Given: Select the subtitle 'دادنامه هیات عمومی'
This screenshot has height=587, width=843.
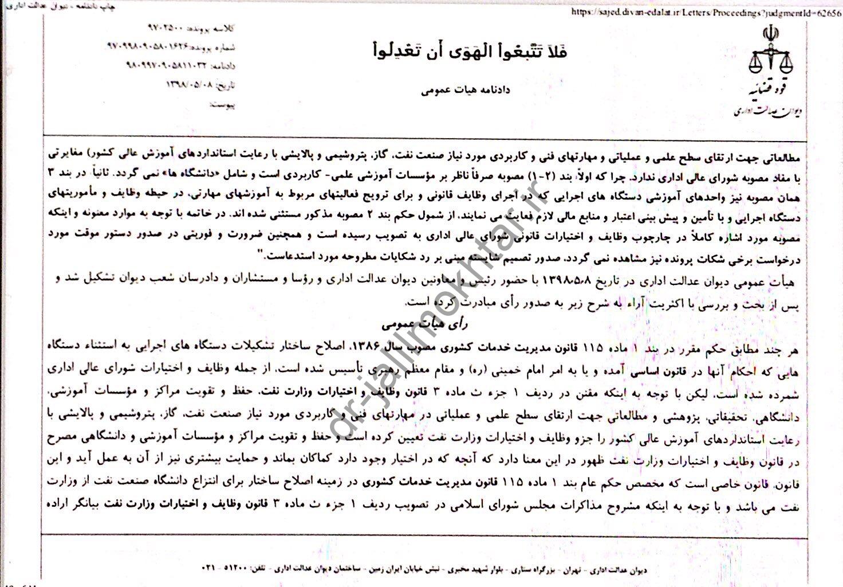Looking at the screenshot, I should [465, 91].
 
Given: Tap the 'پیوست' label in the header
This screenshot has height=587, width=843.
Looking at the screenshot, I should [223, 105].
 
